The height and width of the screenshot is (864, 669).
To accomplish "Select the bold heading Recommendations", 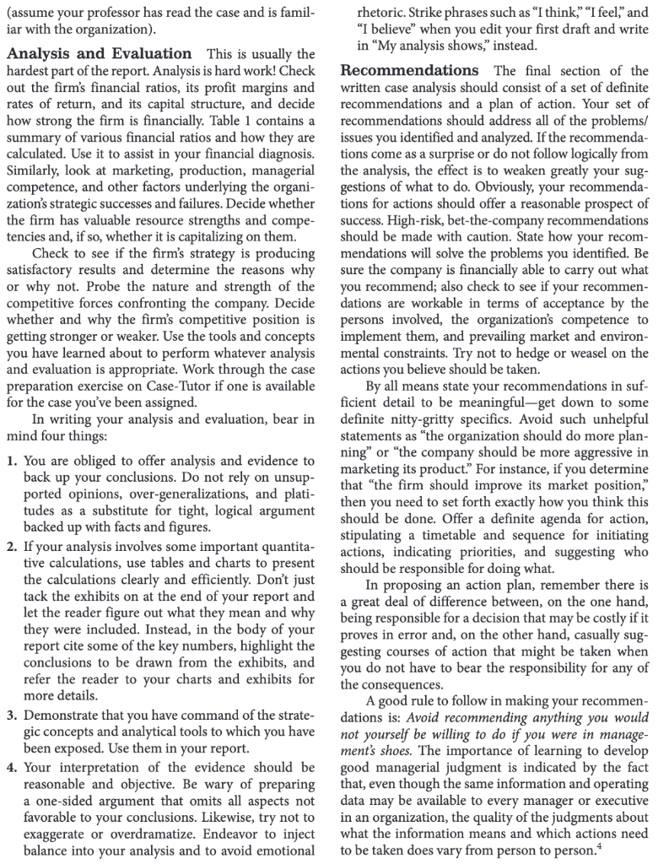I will click(402, 71).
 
